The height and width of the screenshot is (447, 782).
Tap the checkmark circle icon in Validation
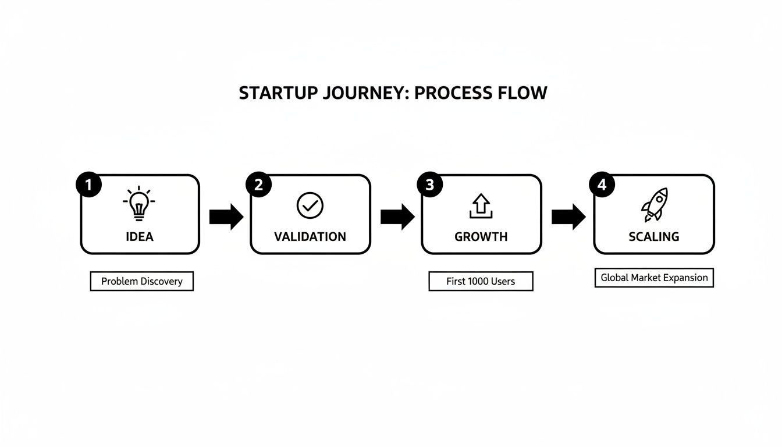(x=310, y=205)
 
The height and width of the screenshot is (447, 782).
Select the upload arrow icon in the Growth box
(x=481, y=206)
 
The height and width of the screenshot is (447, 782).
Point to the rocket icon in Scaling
(x=654, y=205)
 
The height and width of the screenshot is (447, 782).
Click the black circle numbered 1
(x=88, y=185)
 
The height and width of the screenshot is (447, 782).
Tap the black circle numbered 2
(x=259, y=185)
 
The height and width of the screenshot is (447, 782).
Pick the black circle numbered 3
(x=429, y=185)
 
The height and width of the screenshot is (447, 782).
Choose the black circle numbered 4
(x=602, y=185)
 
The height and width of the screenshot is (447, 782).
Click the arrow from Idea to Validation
(x=226, y=217)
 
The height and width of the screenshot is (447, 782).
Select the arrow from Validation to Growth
(x=397, y=217)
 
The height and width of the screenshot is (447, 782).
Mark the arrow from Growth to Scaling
(x=568, y=217)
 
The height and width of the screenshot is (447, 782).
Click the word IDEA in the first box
(x=140, y=237)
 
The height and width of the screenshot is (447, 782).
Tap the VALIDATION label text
(x=310, y=237)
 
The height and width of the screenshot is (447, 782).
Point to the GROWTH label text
(x=481, y=237)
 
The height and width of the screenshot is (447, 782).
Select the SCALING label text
(x=653, y=237)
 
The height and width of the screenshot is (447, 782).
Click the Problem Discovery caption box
(x=141, y=281)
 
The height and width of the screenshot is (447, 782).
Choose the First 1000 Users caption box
(x=481, y=281)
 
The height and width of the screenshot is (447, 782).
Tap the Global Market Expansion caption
(x=654, y=278)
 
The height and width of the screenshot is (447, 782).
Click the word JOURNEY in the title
(x=358, y=93)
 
